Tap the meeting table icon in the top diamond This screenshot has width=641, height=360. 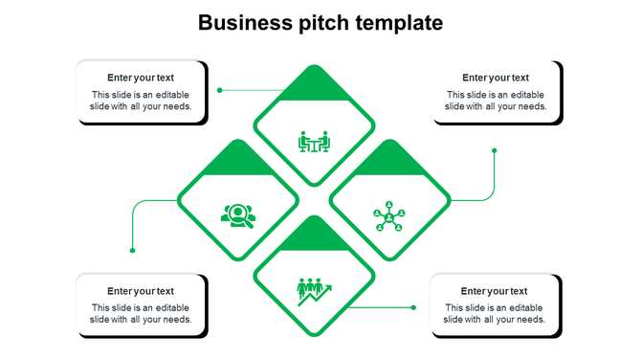click(x=314, y=143)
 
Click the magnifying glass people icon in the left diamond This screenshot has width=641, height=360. click(x=238, y=216)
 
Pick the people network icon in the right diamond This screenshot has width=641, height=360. click(x=389, y=216)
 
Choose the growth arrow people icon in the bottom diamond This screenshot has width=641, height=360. click(x=314, y=290)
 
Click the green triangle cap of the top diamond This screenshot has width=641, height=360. click(x=314, y=87)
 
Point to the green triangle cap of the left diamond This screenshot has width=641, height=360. click(x=238, y=162)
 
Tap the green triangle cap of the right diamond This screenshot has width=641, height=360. click(x=389, y=162)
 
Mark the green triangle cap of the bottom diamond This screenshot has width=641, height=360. click(x=314, y=236)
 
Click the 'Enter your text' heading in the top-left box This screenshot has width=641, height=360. click(x=141, y=78)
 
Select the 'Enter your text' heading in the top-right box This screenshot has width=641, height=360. click(x=496, y=78)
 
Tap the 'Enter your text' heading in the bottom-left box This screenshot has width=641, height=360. click(x=141, y=291)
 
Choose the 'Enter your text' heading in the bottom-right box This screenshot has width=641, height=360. click(x=495, y=291)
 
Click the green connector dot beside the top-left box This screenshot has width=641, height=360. click(x=220, y=90)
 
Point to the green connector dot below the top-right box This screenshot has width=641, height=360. click(x=495, y=150)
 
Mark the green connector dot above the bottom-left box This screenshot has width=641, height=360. click(x=132, y=251)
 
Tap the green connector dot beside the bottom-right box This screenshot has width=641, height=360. click(x=413, y=307)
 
